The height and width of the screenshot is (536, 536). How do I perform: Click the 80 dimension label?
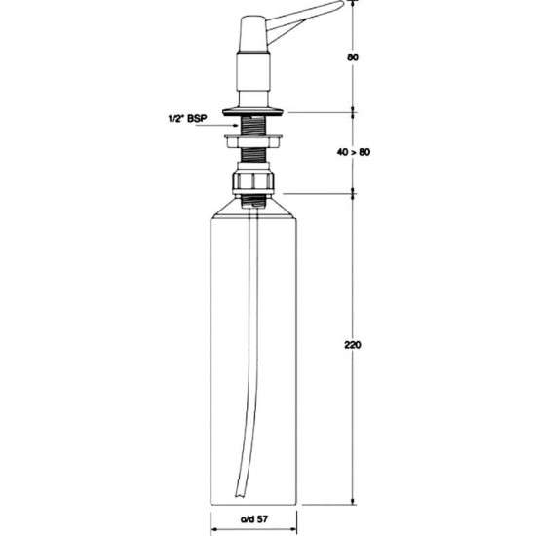353,57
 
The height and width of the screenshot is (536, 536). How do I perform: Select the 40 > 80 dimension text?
354,152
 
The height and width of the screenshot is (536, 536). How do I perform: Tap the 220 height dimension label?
353,345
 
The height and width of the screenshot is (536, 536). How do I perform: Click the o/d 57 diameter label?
254,519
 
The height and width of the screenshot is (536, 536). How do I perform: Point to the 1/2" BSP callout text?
188,119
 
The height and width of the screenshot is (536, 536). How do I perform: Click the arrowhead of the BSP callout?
236,126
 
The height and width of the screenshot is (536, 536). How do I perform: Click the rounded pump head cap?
253,33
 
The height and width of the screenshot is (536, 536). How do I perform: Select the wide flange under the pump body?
252,111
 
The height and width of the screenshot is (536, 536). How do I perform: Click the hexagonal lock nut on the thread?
253,141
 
